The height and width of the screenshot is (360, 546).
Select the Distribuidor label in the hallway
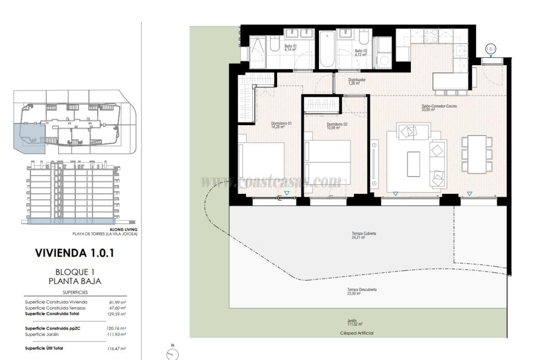coord(357,80)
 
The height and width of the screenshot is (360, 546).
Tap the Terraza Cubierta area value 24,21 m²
coord(358,238)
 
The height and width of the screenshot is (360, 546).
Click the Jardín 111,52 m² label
coord(355,323)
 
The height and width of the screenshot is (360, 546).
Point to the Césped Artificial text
coord(357,333)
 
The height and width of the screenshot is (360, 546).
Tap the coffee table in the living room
coord(414,164)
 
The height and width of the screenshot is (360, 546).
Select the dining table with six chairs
coord(477,155)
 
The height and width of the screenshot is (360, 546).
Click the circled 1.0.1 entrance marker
coord(490,49)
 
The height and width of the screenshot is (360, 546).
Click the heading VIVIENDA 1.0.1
coord(75,253)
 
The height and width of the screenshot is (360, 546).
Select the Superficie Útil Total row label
coord(44,348)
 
